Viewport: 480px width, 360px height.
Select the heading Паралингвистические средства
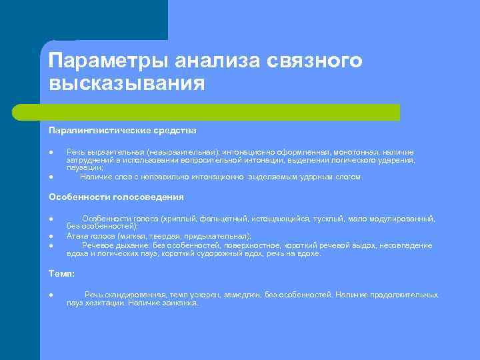pos(123,130)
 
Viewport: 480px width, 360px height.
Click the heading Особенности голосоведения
pos(117,197)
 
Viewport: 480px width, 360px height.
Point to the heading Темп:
pos(62,273)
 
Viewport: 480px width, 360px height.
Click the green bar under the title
pos(220,112)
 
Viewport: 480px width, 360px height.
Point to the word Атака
pos(79,236)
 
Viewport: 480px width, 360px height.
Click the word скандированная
pos(130,295)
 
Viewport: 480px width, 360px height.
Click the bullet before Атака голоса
pos(51,237)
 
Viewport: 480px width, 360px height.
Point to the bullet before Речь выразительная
pos(51,153)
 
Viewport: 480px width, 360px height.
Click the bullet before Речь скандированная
pos(51,295)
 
